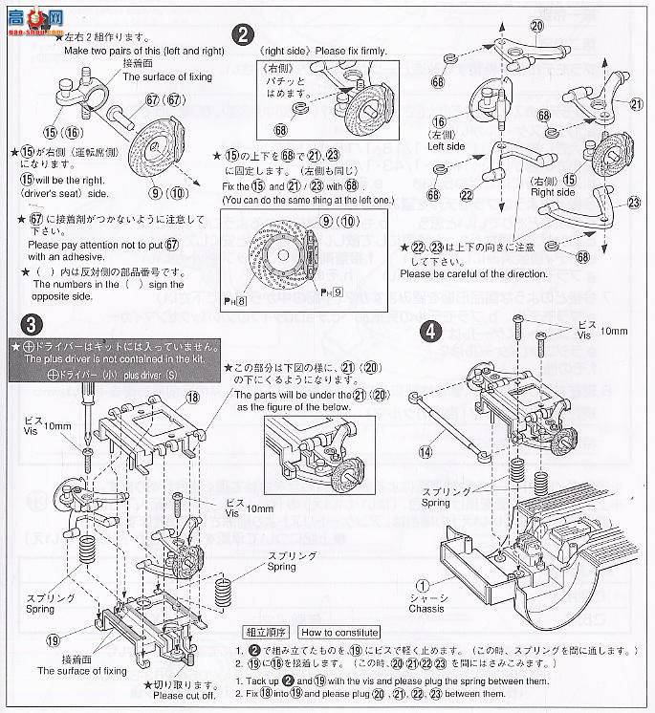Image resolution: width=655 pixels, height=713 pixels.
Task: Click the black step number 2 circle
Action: pyautogui.click(x=245, y=35)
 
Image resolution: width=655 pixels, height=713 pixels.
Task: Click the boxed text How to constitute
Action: pyautogui.click(x=338, y=632)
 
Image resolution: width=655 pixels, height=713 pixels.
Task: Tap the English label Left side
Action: pyautogui.click(x=448, y=146)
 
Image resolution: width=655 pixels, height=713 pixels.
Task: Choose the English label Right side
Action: pyautogui.click(x=554, y=191)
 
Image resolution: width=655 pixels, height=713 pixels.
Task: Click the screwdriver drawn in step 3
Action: pyautogui.click(x=85, y=412)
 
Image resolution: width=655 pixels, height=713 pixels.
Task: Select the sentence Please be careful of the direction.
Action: pyautogui.click(x=473, y=273)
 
